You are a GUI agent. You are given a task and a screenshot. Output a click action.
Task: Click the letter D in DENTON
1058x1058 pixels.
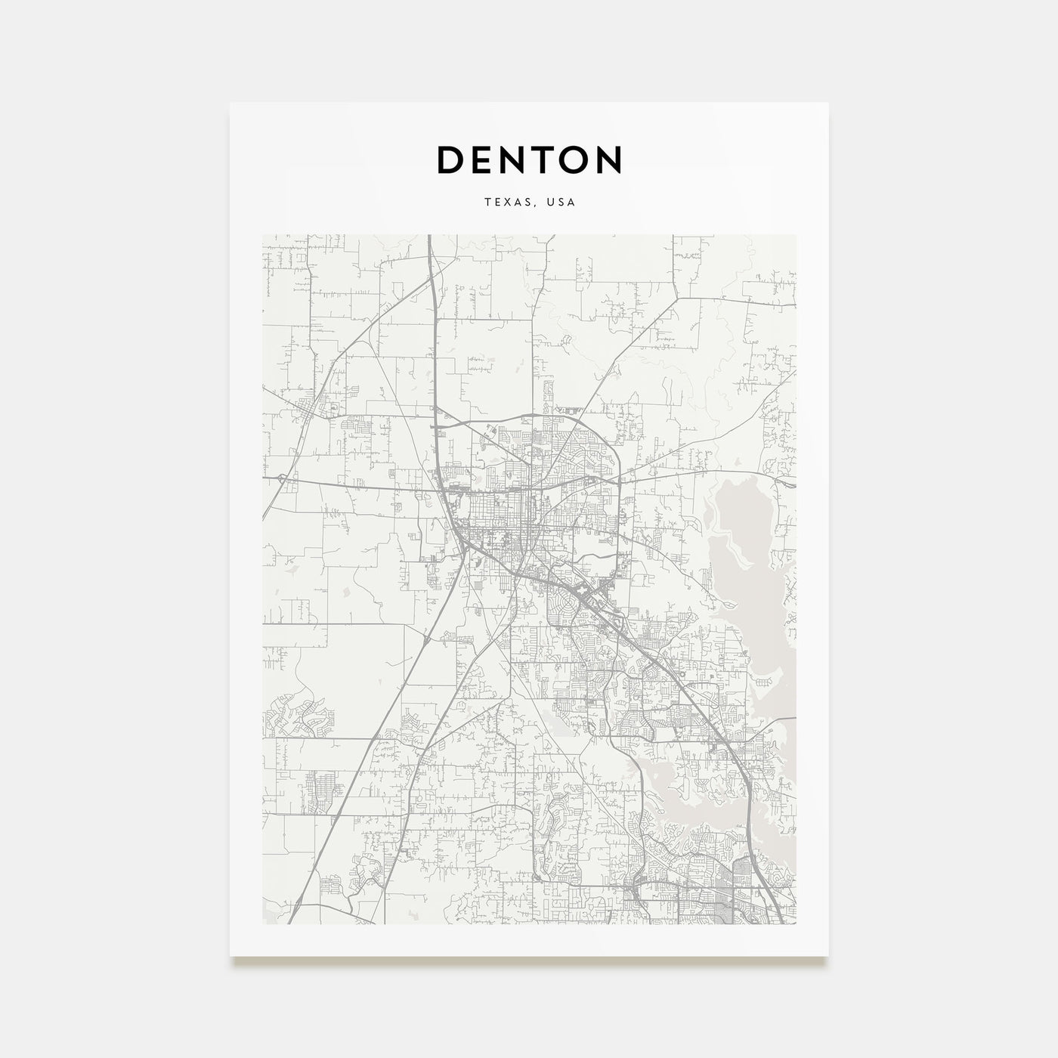coord(452,159)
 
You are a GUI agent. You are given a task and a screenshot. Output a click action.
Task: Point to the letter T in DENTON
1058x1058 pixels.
coord(542,159)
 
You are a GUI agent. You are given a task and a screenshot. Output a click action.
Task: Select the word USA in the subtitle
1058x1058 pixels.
coord(561,203)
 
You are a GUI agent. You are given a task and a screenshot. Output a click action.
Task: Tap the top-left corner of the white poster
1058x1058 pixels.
coord(230,103)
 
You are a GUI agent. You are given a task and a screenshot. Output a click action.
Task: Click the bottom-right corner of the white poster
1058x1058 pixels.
coord(828,956)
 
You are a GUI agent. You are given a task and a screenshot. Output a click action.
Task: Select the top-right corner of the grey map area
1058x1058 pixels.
coord(796,235)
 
